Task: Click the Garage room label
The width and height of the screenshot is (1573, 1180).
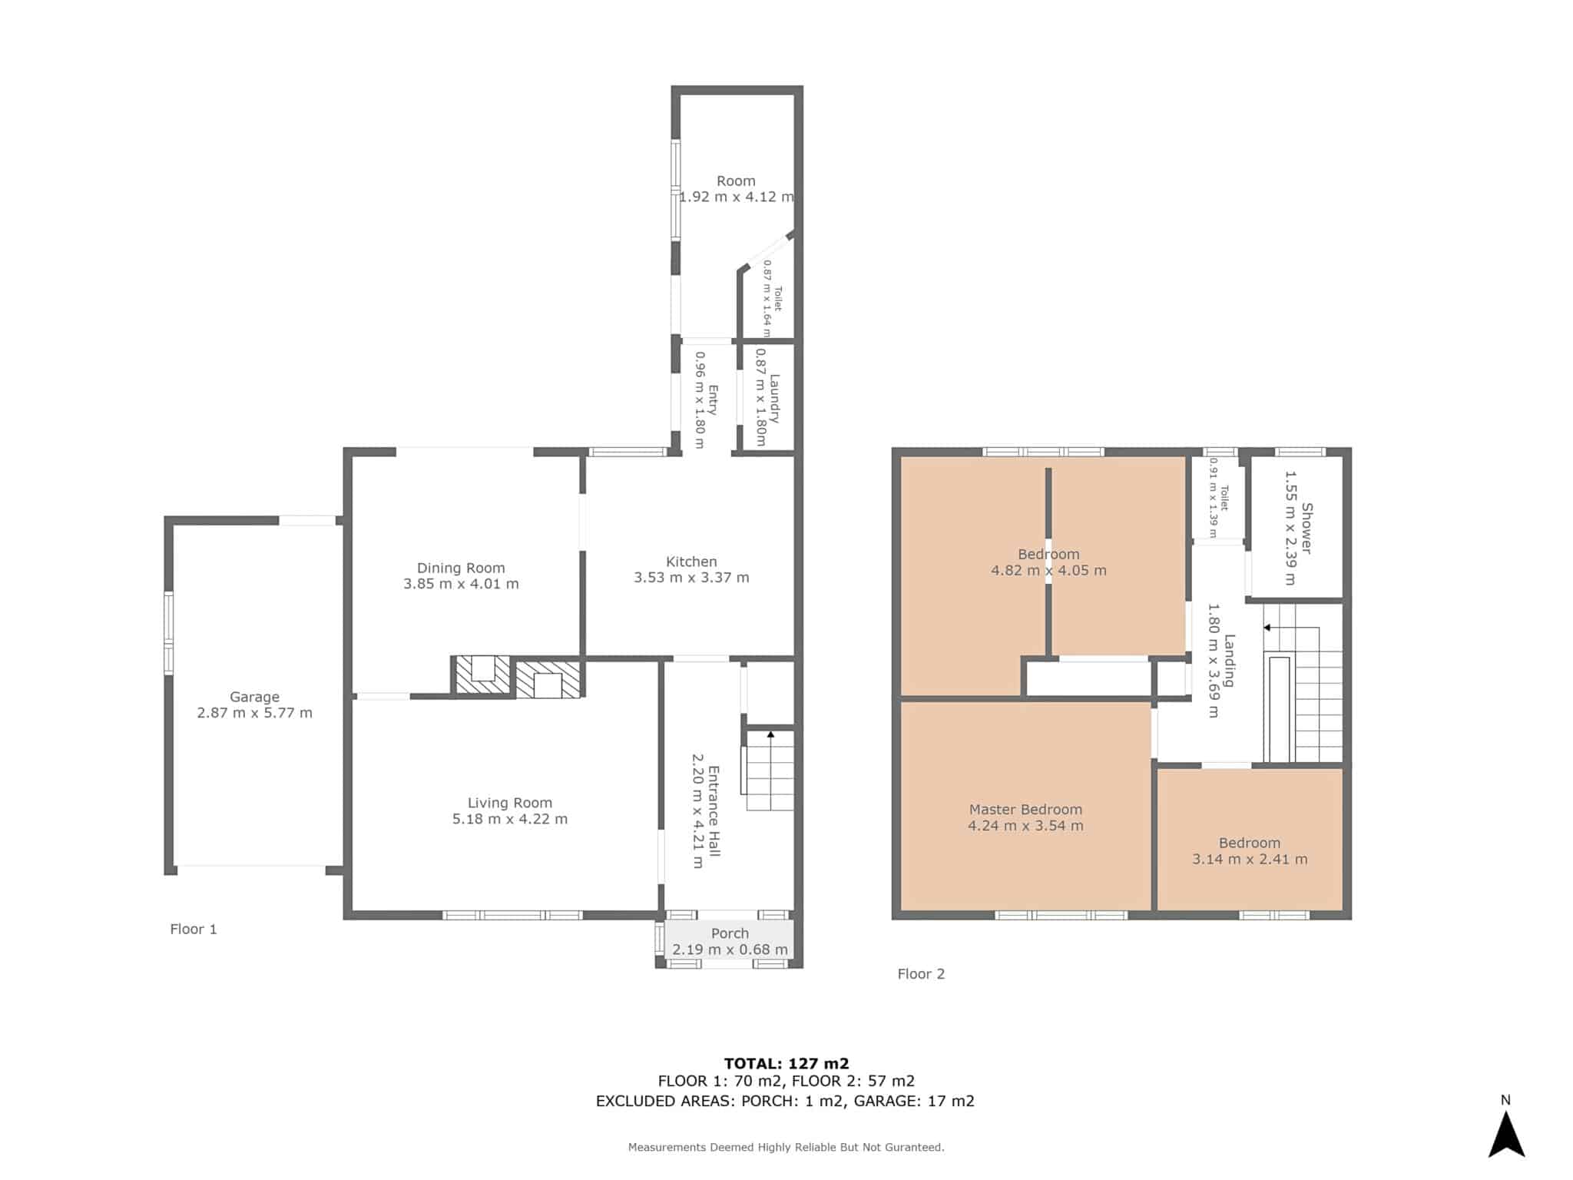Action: pyautogui.click(x=254, y=697)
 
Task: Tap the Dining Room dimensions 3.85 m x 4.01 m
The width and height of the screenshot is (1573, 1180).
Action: pyautogui.click(x=461, y=584)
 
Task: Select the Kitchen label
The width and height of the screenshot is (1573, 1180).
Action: pyautogui.click(x=691, y=562)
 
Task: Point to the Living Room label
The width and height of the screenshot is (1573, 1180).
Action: pyautogui.click(x=510, y=803)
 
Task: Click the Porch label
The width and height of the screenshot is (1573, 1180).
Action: pyautogui.click(x=730, y=933)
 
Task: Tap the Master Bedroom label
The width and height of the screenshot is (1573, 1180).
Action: pyautogui.click(x=1025, y=809)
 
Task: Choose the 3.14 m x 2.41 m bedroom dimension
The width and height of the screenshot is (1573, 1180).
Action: pyautogui.click(x=1250, y=859)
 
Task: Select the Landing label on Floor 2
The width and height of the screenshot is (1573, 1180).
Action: pyautogui.click(x=1230, y=660)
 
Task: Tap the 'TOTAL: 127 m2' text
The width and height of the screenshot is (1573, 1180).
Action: pyautogui.click(x=786, y=1063)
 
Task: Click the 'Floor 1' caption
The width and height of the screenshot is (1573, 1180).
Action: pyautogui.click(x=194, y=929)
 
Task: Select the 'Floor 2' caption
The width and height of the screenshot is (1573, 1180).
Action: pyautogui.click(x=921, y=973)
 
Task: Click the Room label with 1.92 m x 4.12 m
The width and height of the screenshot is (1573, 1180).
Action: pyautogui.click(x=736, y=181)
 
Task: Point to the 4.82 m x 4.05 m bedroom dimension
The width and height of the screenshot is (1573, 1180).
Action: pyautogui.click(x=1048, y=570)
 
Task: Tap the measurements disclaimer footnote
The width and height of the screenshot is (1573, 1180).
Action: pyautogui.click(x=786, y=1147)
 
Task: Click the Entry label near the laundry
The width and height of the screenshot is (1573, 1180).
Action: pyautogui.click(x=713, y=399)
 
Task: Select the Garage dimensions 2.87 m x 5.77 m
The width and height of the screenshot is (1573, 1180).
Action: pyautogui.click(x=254, y=713)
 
